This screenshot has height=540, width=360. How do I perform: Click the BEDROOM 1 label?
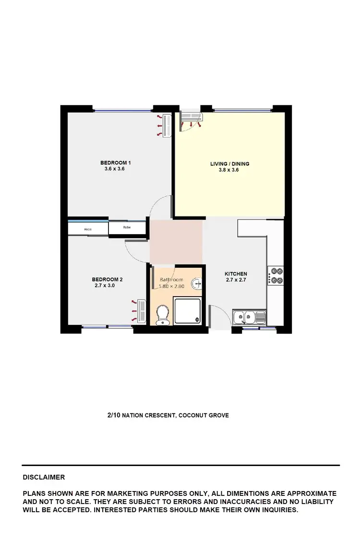(115, 163)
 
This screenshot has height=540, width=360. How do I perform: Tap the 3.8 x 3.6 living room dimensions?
(229, 170)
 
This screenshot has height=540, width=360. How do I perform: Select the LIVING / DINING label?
(229, 164)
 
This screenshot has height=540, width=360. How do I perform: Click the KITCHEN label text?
(236, 274)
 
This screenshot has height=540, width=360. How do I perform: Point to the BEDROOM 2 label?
(108, 279)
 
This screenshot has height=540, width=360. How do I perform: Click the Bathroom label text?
(171, 280)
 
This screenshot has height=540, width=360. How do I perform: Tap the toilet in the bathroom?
(163, 315)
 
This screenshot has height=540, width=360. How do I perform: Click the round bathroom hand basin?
(197, 284)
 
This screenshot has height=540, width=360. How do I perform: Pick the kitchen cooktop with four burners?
(276, 276)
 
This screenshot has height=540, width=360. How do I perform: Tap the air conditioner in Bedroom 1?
(167, 126)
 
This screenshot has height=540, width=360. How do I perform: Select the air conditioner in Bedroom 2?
(141, 310)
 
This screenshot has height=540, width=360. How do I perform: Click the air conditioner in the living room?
(192, 117)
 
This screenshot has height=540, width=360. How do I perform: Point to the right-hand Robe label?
(127, 227)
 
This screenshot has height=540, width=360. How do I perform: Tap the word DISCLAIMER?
(44, 478)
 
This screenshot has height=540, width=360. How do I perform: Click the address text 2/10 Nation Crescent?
(168, 415)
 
